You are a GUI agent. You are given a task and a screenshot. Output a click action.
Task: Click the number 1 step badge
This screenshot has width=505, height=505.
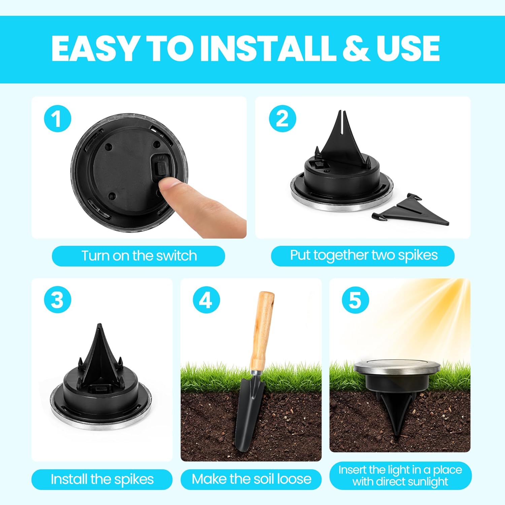pos(58,119)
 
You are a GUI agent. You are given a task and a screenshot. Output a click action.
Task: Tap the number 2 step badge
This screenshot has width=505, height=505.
pos(282,119)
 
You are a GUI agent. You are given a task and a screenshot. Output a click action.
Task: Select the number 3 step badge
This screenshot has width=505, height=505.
pos(58,300)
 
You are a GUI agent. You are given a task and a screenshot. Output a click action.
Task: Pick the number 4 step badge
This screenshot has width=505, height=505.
pos(206,300)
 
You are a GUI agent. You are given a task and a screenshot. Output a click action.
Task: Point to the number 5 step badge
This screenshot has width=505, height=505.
pos(355,300)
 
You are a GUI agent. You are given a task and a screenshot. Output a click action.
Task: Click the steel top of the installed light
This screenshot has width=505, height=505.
pos(397,366)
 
